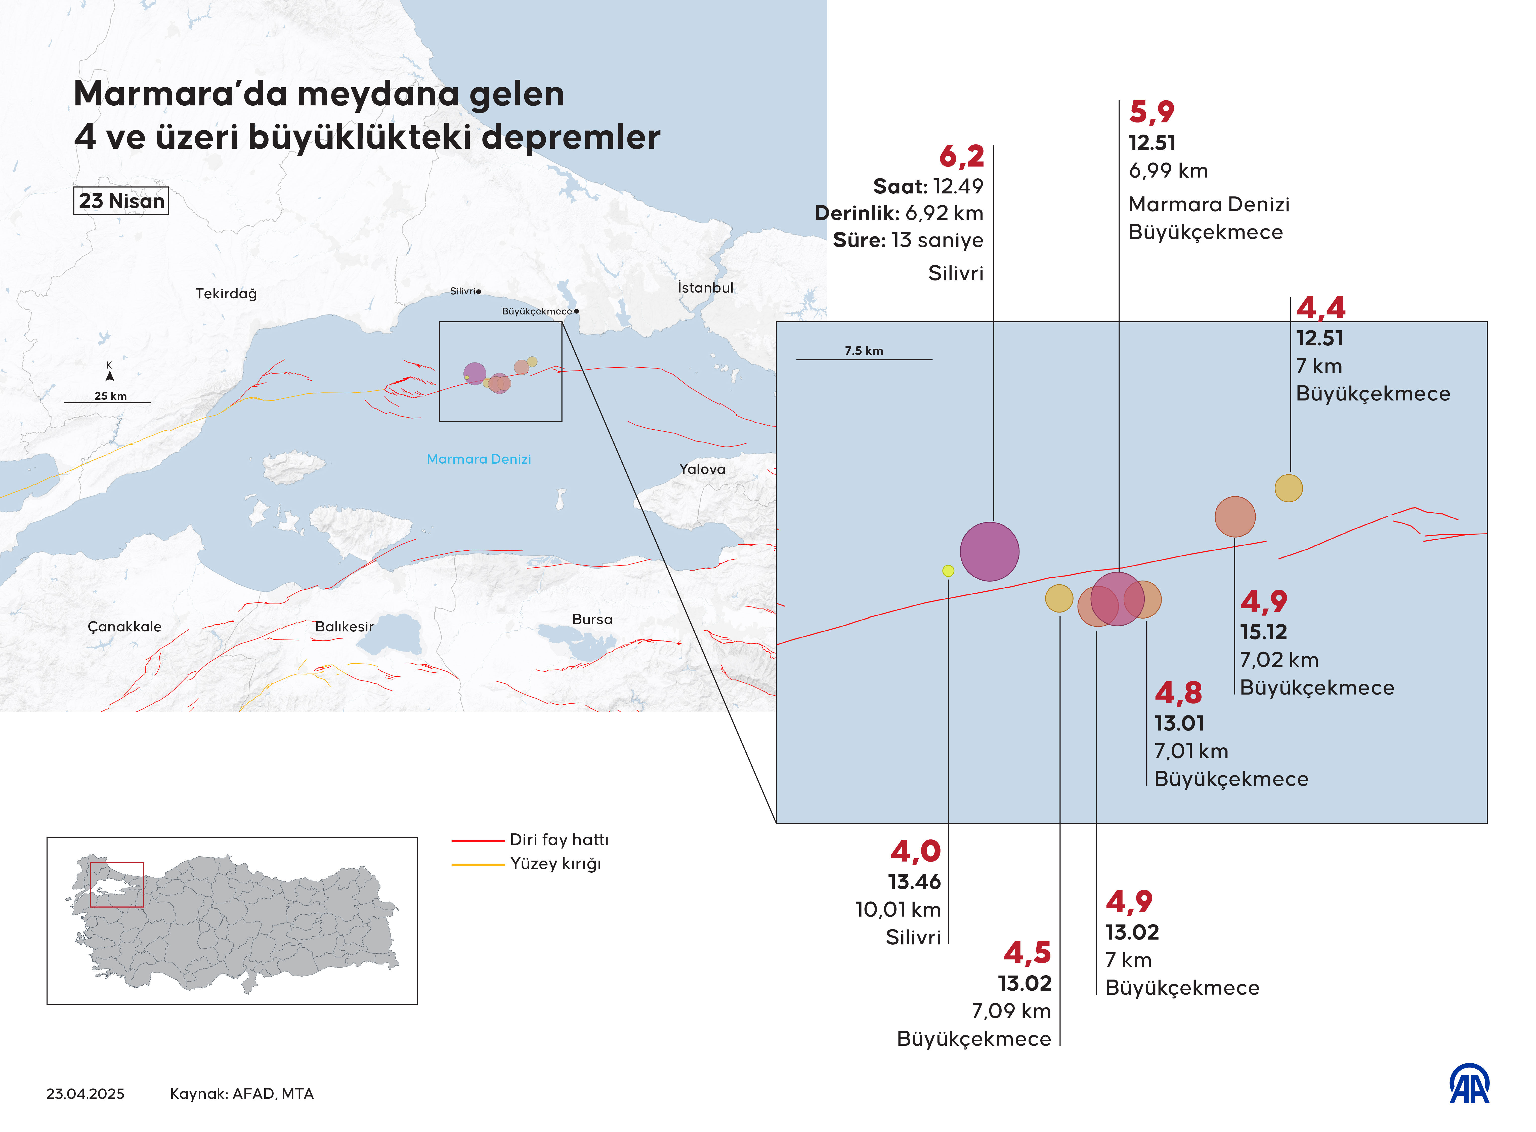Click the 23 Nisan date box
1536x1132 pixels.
(121, 201)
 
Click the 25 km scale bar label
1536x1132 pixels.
(110, 396)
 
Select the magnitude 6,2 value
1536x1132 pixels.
(961, 156)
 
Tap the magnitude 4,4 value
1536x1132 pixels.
(1320, 308)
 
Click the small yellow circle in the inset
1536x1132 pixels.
(948, 570)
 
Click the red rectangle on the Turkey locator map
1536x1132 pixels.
(117, 885)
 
